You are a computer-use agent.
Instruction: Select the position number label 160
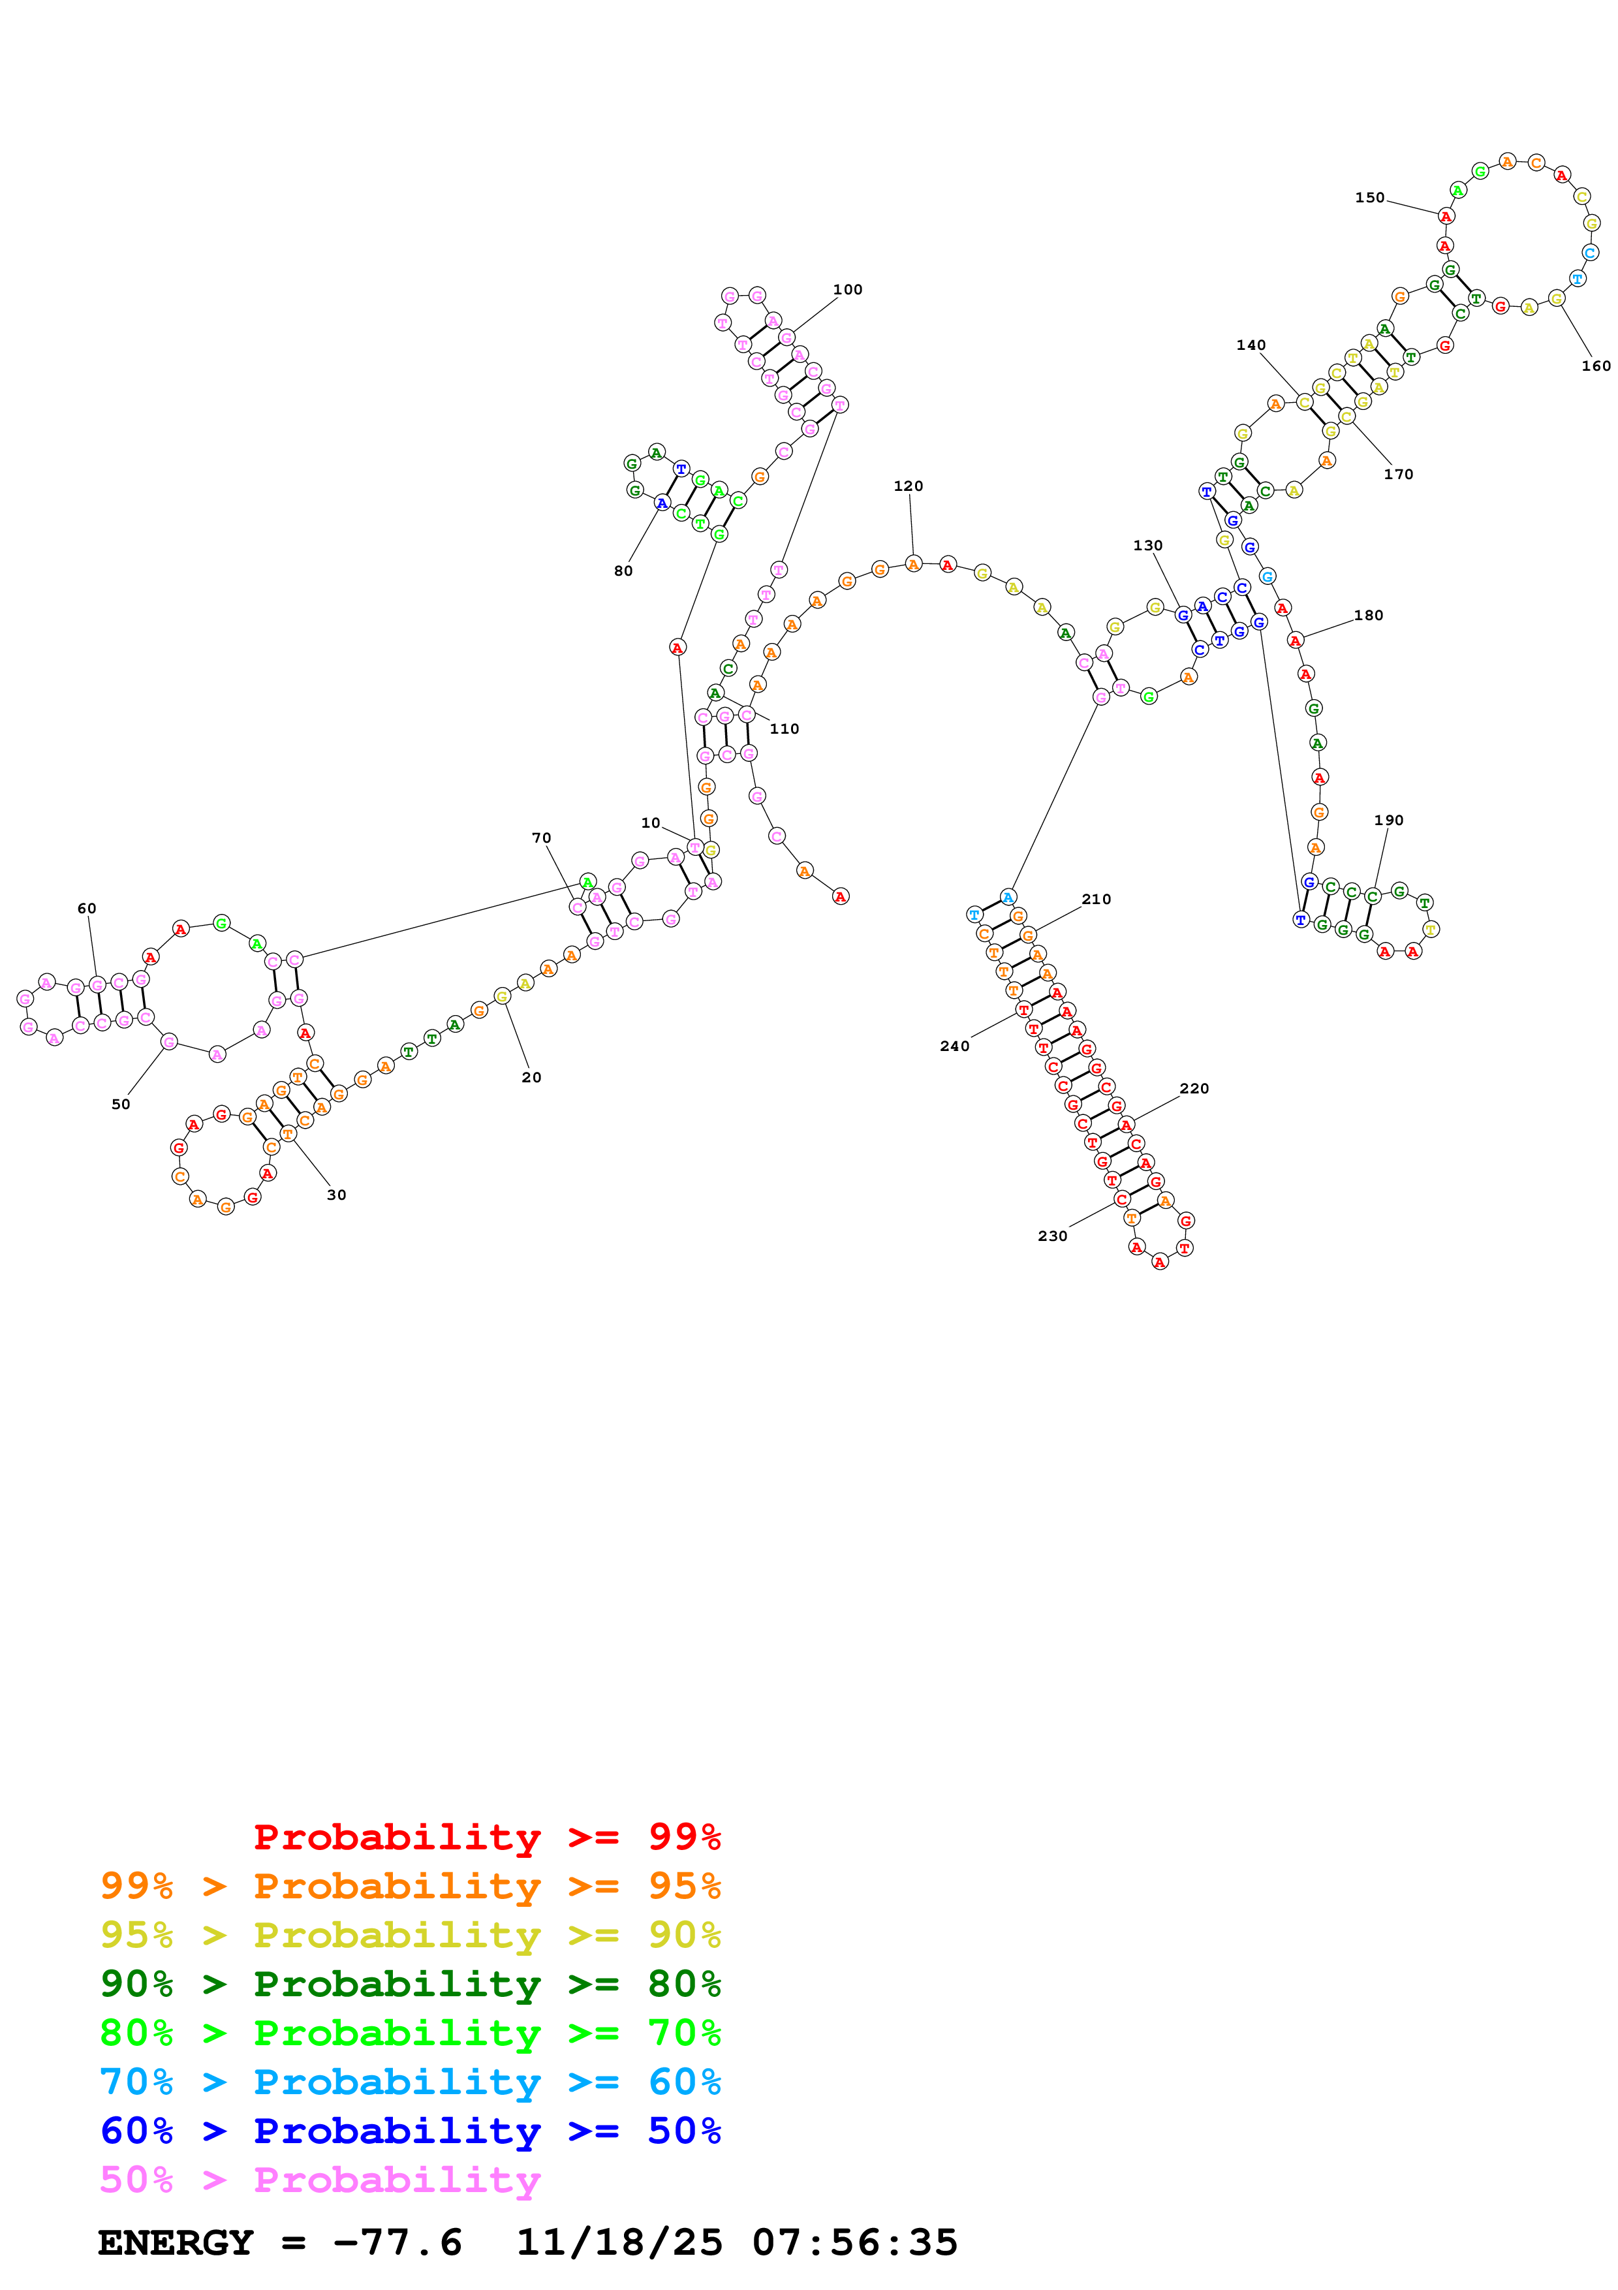tap(1595, 366)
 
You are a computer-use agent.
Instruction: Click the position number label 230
tap(1051, 1236)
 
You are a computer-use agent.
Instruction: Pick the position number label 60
tap(87, 909)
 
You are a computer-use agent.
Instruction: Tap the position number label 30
tap(337, 1195)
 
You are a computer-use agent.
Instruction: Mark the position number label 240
tap(954, 1046)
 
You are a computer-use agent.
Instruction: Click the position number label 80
tap(623, 571)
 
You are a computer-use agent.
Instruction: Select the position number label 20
tap(531, 1077)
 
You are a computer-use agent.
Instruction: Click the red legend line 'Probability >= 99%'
tap(486, 1837)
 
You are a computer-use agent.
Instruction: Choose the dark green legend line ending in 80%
tap(411, 1984)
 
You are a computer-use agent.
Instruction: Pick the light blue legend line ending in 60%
tap(411, 2082)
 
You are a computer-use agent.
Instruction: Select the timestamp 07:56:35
tap(854, 2242)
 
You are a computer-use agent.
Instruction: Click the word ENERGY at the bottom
tap(176, 2242)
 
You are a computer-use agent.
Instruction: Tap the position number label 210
tap(1096, 900)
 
